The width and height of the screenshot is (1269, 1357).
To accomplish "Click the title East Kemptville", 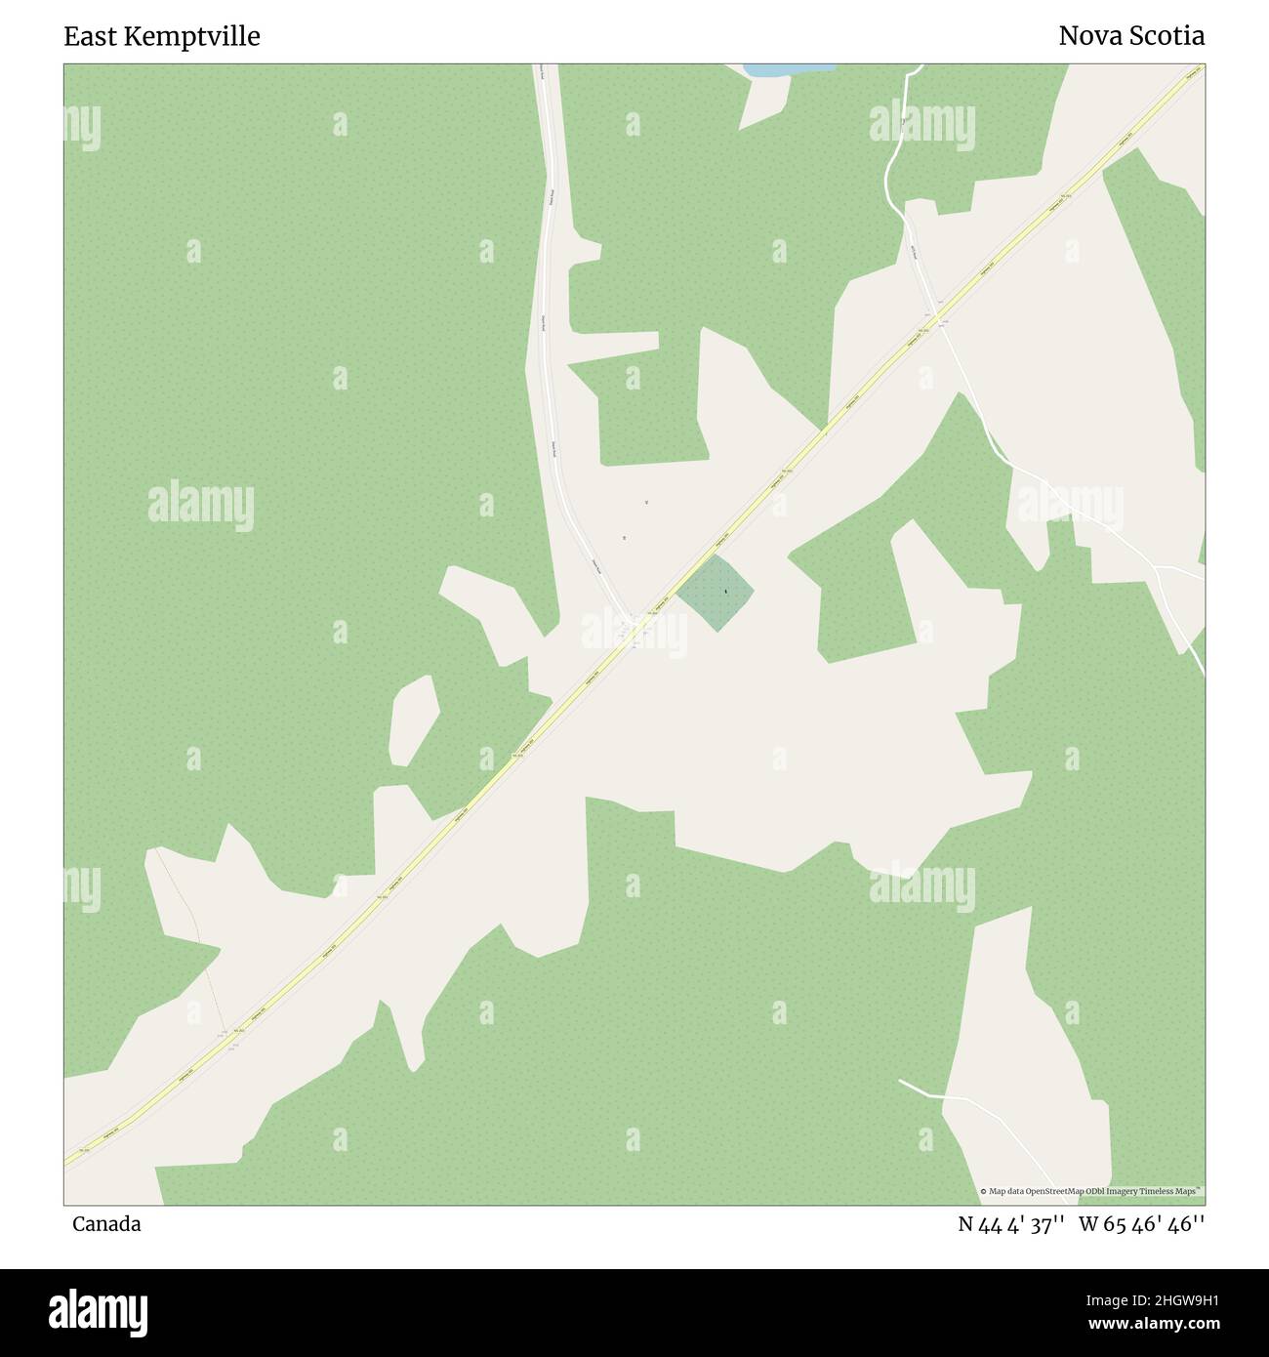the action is point(162,37).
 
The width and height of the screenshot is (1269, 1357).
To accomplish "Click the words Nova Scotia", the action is point(1131,37).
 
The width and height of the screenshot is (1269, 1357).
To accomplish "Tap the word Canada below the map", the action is point(106,1224).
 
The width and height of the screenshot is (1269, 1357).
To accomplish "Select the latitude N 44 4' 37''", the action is point(1010,1224).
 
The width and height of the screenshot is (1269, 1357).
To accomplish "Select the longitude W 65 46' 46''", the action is point(1142,1224).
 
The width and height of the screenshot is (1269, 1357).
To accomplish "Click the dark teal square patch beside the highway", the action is point(716,594).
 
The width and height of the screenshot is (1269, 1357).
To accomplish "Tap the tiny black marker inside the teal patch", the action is point(726,592).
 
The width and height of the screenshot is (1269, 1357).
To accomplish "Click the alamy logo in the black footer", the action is point(99,1311).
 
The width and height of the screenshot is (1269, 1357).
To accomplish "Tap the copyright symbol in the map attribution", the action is point(983,1191).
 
